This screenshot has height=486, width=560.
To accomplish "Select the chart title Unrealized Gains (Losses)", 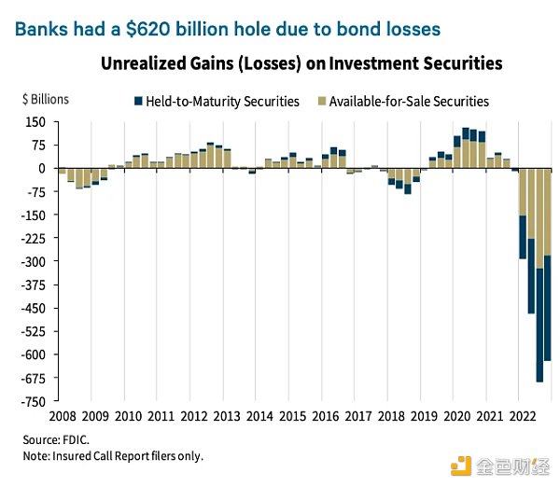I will [x=304, y=64].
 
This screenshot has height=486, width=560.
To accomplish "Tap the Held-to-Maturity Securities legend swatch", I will [x=138, y=101].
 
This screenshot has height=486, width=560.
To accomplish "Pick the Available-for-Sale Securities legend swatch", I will [x=321, y=101].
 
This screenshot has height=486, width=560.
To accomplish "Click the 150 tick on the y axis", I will [x=35, y=122].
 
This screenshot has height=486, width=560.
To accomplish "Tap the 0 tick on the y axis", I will [x=42, y=169].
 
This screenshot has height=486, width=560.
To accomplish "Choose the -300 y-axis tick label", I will [x=34, y=261].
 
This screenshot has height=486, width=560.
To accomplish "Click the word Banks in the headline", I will [x=41, y=29].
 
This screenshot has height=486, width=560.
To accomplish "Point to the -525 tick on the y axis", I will [x=34, y=331].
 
